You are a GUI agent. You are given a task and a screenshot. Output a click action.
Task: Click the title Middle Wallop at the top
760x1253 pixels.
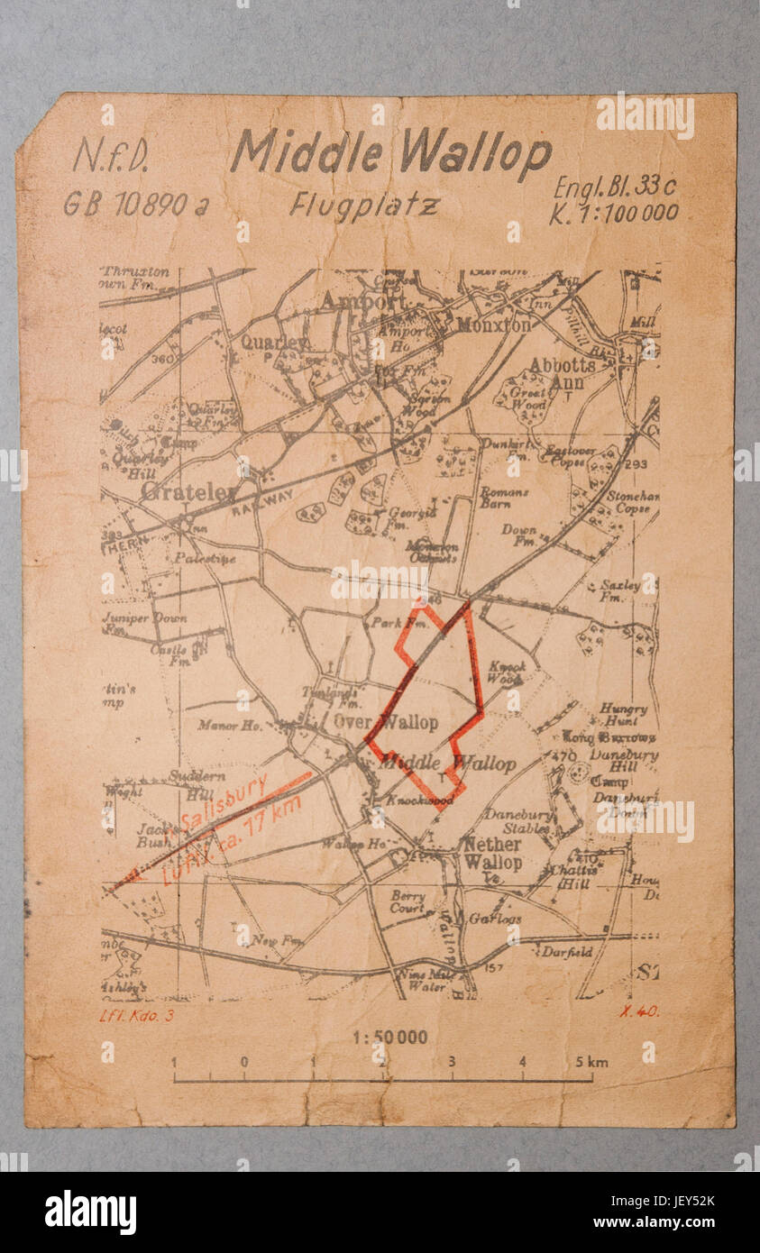tap(390, 151)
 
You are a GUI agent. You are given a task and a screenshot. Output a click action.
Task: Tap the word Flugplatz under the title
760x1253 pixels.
tap(364, 206)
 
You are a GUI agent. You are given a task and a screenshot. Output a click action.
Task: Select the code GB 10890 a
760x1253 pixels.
tap(135, 205)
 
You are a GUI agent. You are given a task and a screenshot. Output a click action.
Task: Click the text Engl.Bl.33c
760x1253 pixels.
tap(615, 187)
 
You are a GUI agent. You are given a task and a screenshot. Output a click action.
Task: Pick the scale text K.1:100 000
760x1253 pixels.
tap(614, 214)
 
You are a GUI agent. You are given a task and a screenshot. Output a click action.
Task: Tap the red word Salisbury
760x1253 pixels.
tap(224, 802)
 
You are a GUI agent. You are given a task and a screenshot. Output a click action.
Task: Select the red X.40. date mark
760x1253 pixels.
tap(638, 1011)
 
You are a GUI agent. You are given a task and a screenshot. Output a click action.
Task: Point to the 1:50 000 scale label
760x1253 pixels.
tap(389, 1038)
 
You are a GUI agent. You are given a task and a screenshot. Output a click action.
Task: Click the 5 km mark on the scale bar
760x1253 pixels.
tap(591, 1062)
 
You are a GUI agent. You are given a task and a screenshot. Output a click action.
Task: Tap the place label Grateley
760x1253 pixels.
tap(188, 492)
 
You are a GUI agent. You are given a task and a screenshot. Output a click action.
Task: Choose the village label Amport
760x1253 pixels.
tap(353, 300)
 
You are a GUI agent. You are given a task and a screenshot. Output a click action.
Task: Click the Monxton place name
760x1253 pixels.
tap(494, 325)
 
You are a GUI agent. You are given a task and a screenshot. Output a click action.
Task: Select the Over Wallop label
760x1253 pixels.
tap(386, 722)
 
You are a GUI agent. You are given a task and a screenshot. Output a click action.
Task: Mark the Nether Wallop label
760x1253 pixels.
tap(491, 854)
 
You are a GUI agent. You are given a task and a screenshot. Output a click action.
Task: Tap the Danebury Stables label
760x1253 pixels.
tap(517, 820)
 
